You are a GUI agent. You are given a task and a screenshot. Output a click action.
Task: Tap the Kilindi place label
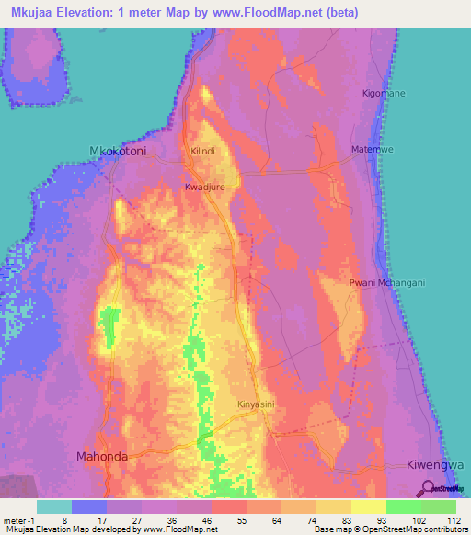[x=202, y=150]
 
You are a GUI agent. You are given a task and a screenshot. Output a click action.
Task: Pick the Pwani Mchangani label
[x=387, y=283]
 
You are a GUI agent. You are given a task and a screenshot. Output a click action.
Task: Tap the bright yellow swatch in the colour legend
[x=368, y=506]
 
